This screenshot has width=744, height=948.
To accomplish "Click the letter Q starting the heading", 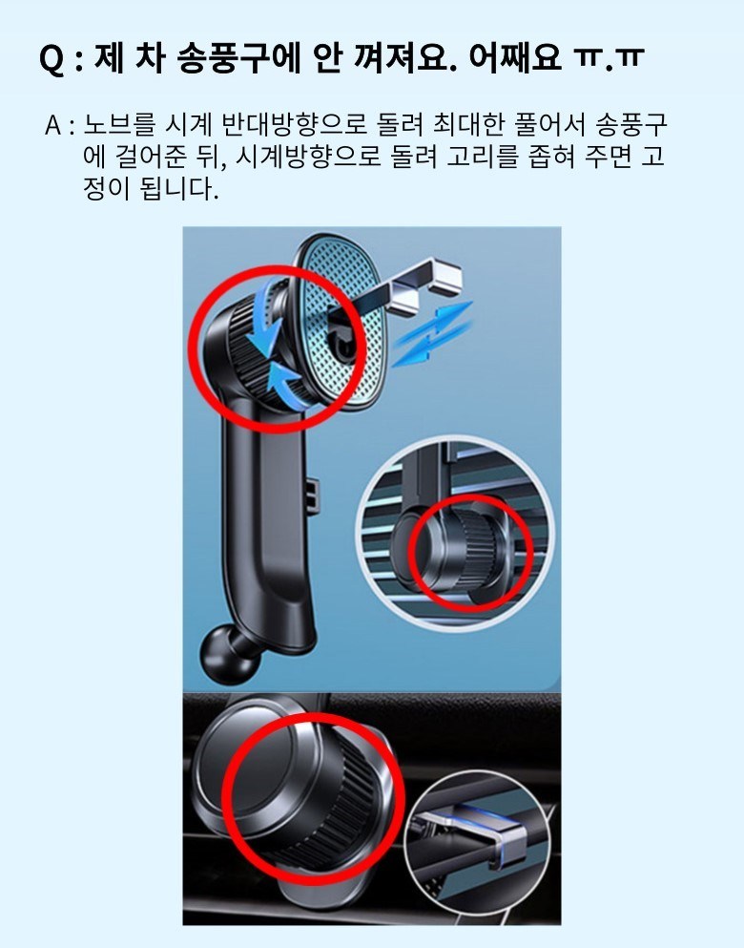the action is coord(52,60).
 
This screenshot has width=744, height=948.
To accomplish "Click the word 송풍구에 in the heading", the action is coord(239,59).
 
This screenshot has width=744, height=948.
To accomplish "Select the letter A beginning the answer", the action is coord(53,126).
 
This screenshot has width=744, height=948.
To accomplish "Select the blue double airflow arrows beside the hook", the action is coord(432,334).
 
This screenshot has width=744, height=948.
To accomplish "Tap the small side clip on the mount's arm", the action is coord(312,495).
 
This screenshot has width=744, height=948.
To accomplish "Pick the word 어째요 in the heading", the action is coord(514,59).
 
